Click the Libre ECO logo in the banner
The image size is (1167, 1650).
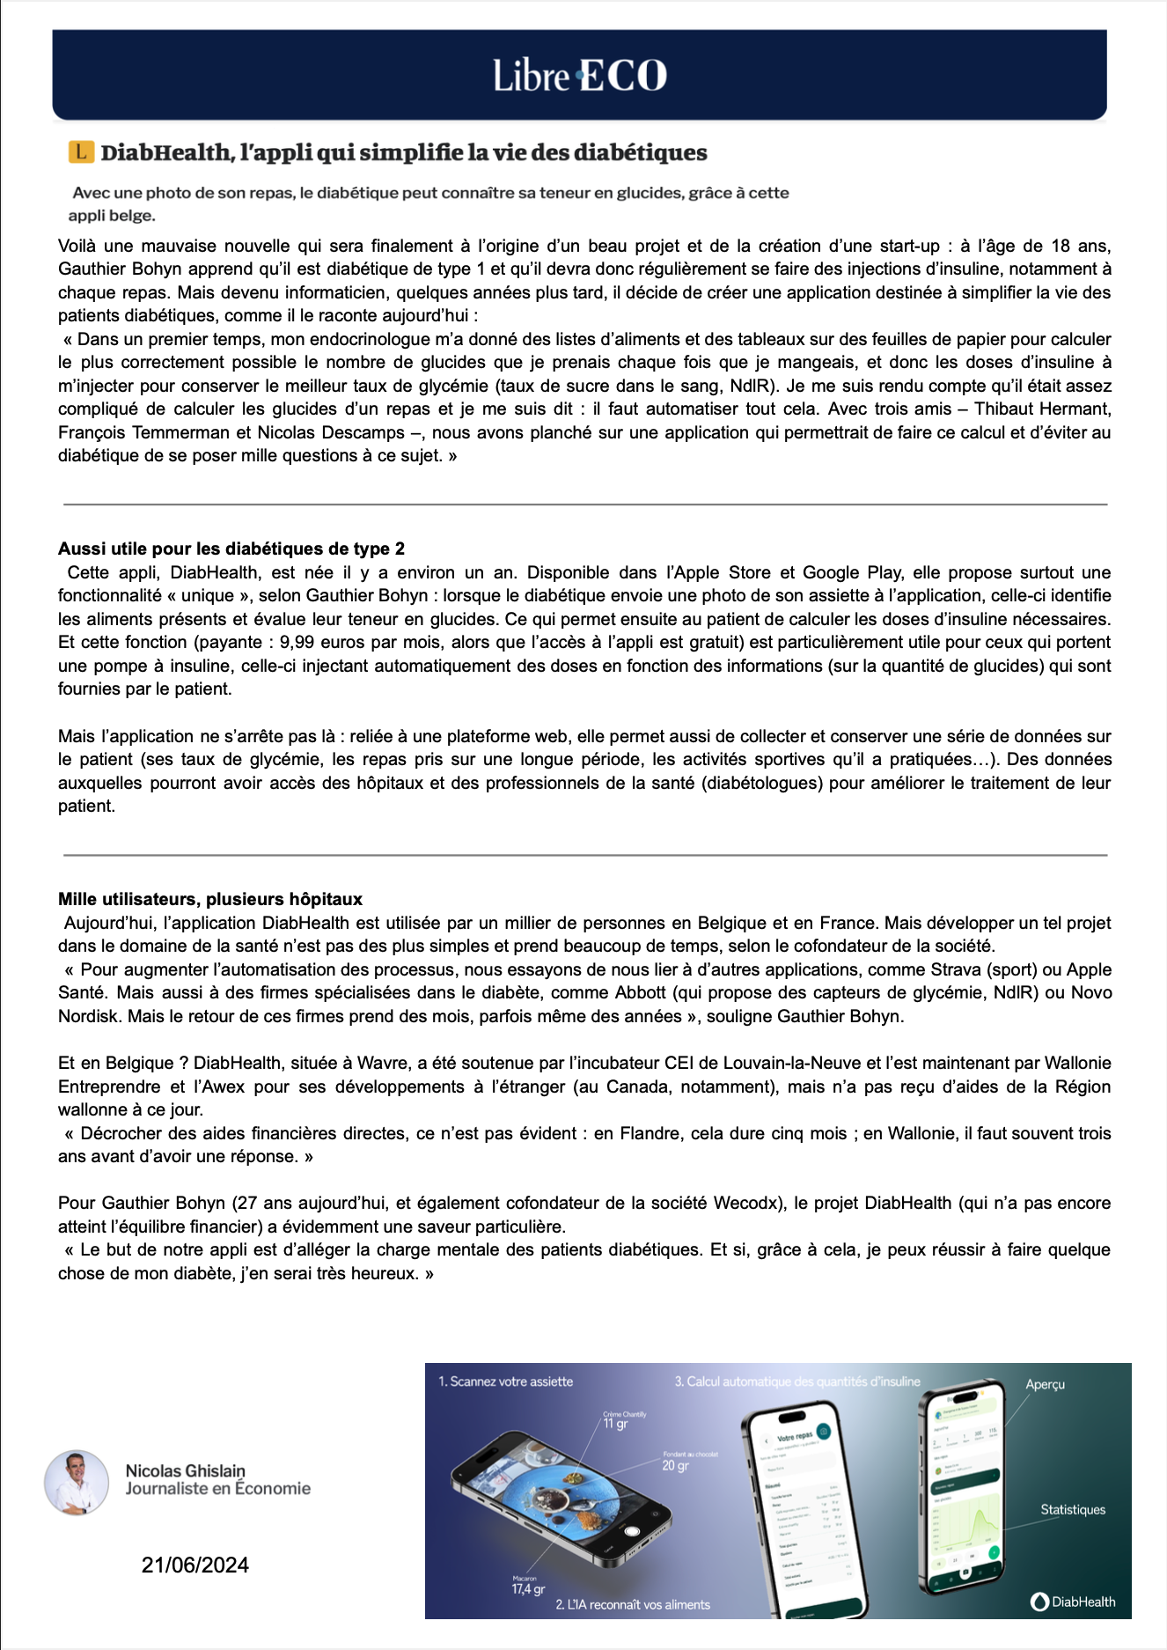point(580,76)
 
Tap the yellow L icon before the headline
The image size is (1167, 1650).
point(81,151)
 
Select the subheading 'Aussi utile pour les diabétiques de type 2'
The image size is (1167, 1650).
point(231,549)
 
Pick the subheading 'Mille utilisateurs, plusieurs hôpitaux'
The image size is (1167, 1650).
point(210,899)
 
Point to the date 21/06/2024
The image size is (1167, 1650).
point(195,1565)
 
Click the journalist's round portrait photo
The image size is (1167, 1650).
point(77,1483)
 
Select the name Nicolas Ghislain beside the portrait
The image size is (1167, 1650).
point(186,1470)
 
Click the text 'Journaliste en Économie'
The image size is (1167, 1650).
point(218,1489)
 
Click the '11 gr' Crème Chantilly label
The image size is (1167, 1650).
point(616,1424)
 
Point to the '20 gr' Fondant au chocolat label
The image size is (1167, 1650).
point(675,1466)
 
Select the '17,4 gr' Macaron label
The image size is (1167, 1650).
point(528,1589)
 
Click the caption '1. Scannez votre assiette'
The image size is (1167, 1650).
point(506,1381)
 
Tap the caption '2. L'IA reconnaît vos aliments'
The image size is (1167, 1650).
point(633,1604)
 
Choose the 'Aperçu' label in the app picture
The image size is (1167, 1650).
point(1045,1384)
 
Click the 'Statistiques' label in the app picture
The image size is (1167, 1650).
point(1073,1509)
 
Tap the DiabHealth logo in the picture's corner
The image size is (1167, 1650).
point(1073,1602)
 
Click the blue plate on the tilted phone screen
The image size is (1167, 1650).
point(563,1487)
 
